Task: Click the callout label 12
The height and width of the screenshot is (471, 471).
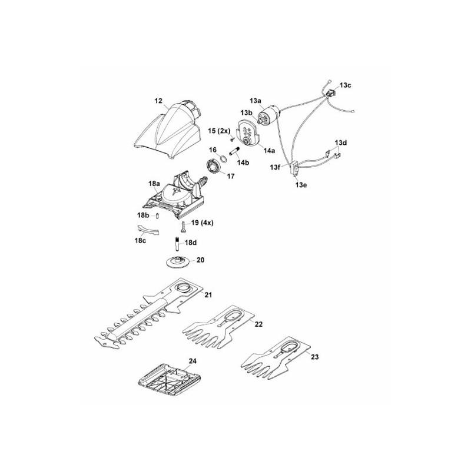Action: click(158, 101)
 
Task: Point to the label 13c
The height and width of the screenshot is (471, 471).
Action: click(346, 85)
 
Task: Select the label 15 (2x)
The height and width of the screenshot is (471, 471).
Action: click(218, 130)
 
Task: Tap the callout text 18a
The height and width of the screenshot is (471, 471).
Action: click(154, 184)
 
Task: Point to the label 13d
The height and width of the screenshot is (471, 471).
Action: click(341, 142)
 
